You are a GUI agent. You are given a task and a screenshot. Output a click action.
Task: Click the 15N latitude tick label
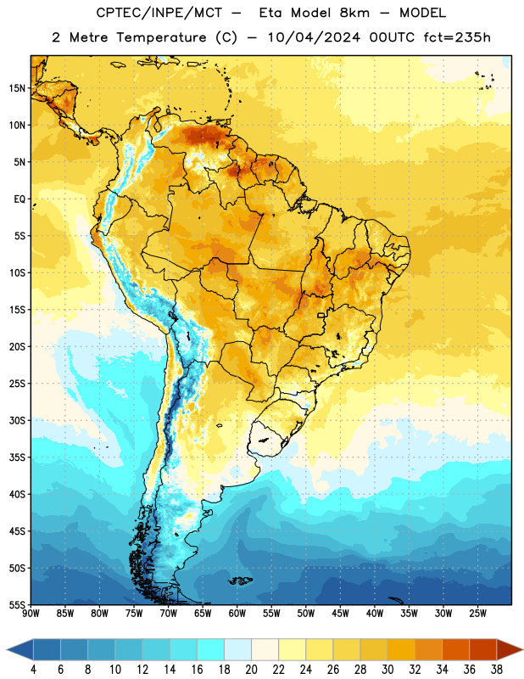coord(17,88)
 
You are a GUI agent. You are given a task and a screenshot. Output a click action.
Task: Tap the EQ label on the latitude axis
coord(20,199)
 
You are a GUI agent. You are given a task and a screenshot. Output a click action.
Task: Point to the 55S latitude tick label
coord(17,604)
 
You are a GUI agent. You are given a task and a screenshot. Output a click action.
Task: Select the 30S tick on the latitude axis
coord(17,420)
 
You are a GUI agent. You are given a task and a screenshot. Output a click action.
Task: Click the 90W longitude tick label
coord(31,614)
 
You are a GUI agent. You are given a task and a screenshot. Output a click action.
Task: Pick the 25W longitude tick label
coord(477,614)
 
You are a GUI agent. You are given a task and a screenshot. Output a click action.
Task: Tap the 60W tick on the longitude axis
coord(237,614)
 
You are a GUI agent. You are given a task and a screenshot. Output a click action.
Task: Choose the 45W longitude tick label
coord(340,614)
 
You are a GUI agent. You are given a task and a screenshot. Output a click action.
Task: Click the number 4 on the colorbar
coord(33,670)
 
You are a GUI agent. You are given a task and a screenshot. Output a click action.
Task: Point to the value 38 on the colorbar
coord(496,670)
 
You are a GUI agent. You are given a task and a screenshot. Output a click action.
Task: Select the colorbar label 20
coord(251,670)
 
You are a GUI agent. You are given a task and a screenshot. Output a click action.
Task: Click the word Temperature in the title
coord(161,37)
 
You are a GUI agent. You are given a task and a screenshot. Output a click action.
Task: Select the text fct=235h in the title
coord(457,37)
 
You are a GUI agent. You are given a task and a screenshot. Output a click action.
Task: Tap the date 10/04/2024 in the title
coord(314,37)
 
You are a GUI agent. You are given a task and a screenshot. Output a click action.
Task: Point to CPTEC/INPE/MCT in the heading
coord(159,13)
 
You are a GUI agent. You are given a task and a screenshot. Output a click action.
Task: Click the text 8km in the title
coord(354,13)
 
